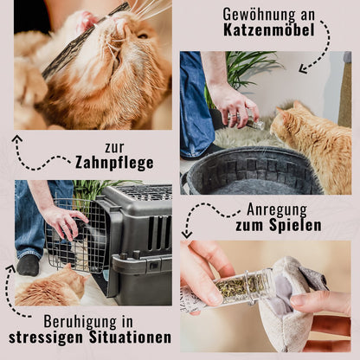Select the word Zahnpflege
click(115, 163)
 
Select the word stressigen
click(46, 337)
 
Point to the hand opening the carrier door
click(64, 221)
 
